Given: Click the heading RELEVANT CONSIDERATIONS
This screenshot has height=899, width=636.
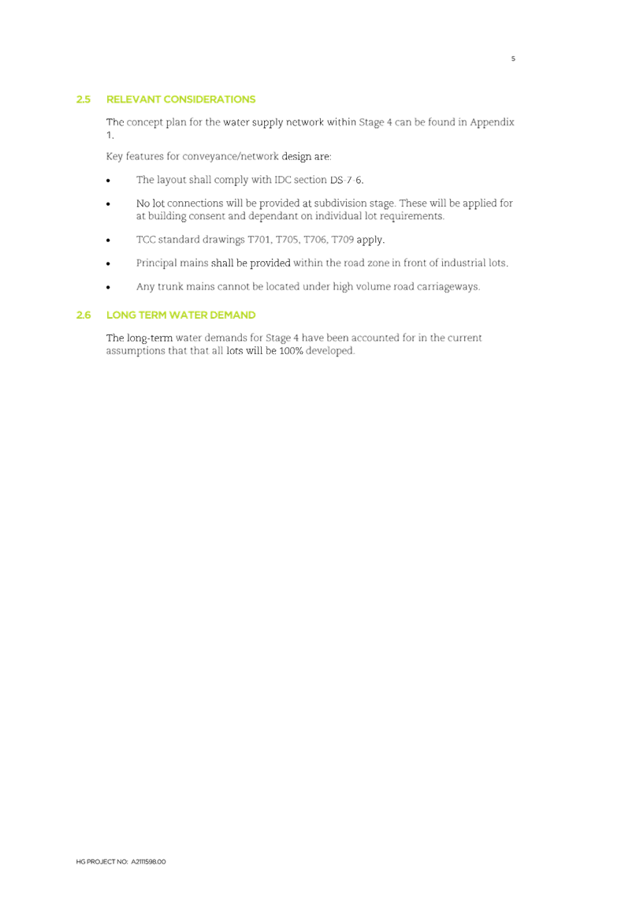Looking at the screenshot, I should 180,100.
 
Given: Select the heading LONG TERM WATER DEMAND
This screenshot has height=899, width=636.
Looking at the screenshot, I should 180,315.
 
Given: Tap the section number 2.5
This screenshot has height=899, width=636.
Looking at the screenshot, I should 83,100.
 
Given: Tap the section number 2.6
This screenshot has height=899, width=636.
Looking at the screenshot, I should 83,315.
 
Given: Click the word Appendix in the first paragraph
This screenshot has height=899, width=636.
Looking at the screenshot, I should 493,122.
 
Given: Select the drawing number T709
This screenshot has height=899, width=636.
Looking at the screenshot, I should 342,240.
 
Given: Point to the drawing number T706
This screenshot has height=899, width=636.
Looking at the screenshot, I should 314,240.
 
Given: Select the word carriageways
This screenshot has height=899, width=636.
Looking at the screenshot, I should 448,287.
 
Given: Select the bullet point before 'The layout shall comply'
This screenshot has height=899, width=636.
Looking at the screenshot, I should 109,181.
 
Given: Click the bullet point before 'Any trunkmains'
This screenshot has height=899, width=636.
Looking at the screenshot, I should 109,287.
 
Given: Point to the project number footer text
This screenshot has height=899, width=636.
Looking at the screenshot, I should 121,861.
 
